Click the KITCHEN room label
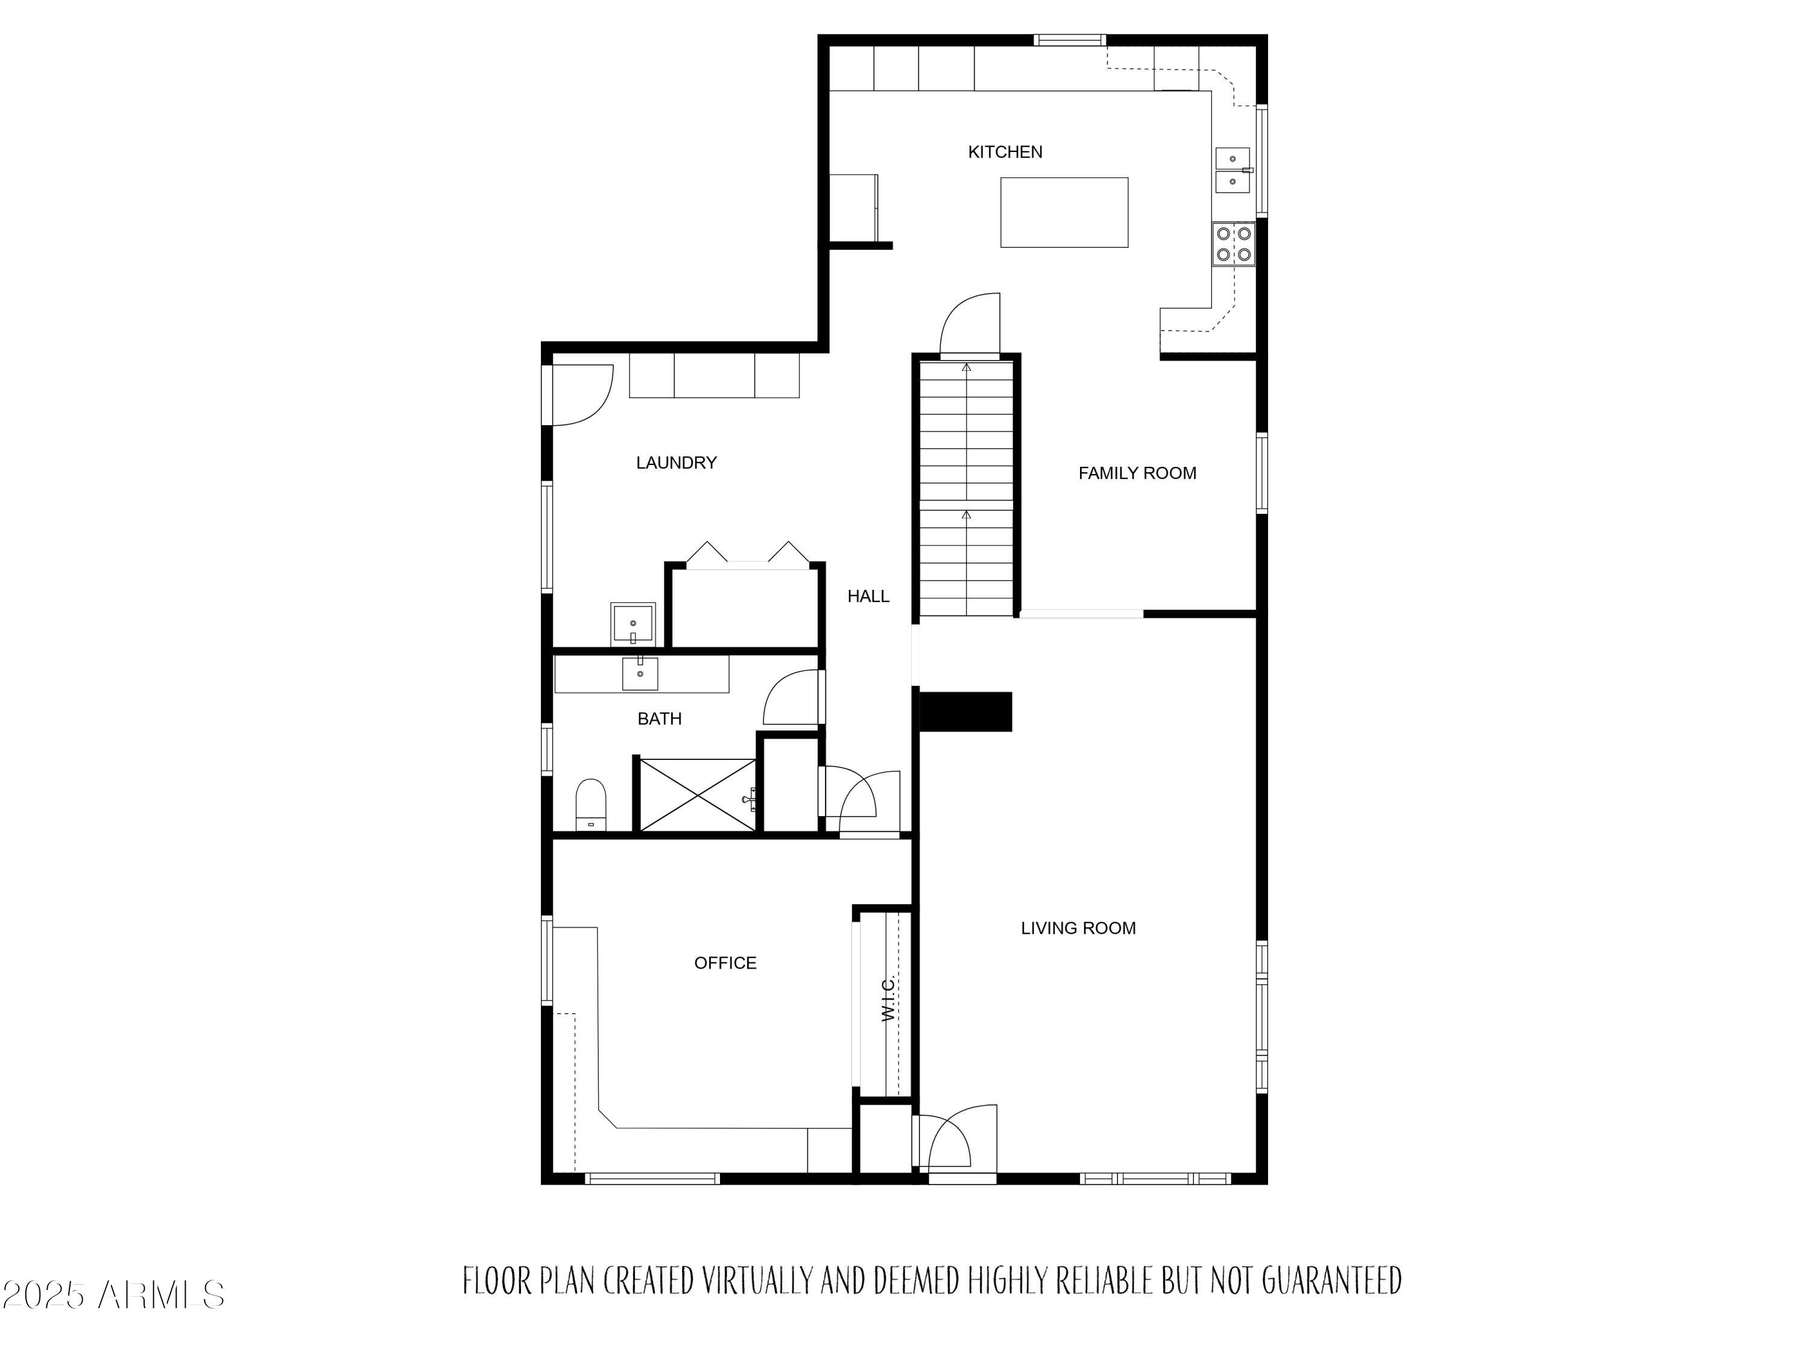1005,152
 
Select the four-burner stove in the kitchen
1233,244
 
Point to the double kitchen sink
1233,170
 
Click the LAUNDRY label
677,463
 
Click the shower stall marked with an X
698,795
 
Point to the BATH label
659,719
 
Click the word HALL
868,596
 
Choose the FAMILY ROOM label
1137,473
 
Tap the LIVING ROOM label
1078,928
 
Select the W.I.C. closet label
889,999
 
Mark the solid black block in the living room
966,712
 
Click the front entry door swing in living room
953,1138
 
